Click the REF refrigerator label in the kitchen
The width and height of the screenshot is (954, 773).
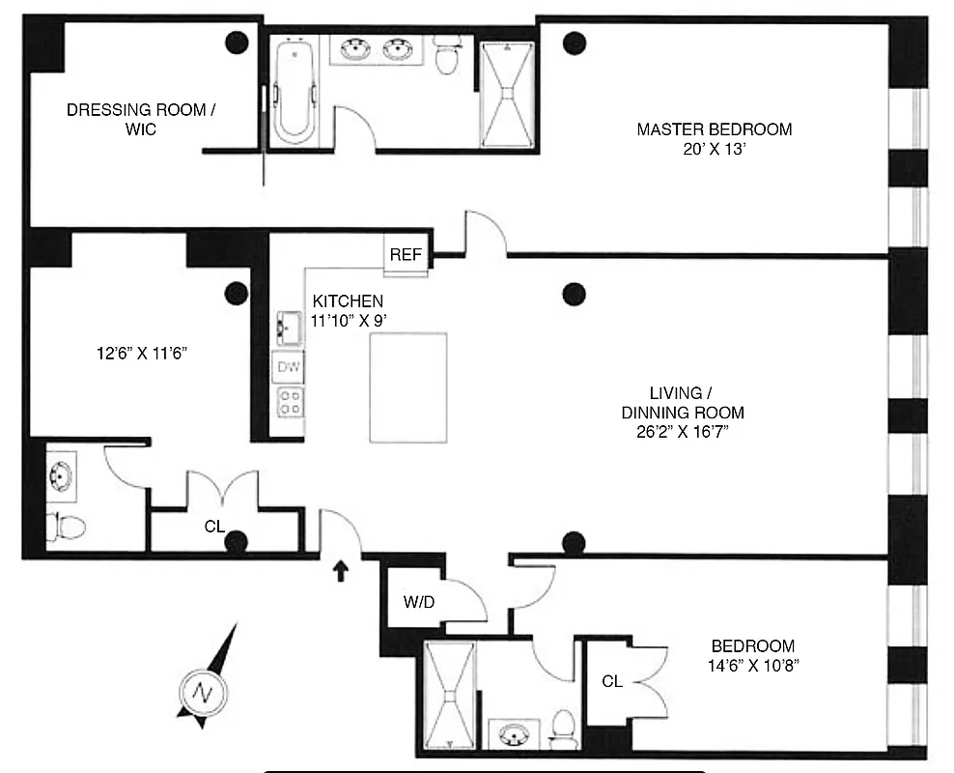[406, 255]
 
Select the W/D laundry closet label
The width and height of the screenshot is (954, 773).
[418, 602]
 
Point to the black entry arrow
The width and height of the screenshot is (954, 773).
[339, 571]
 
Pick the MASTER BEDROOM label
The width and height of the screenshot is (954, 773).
[714, 129]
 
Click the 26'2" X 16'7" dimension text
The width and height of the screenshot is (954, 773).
[675, 431]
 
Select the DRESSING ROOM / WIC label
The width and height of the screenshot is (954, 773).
[136, 119]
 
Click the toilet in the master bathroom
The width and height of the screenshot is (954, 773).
[446, 57]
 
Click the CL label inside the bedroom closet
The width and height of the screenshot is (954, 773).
[612, 682]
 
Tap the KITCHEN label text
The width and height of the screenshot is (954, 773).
[347, 301]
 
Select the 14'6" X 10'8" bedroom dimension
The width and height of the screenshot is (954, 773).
[752, 665]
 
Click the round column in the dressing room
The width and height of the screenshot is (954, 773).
[236, 42]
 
